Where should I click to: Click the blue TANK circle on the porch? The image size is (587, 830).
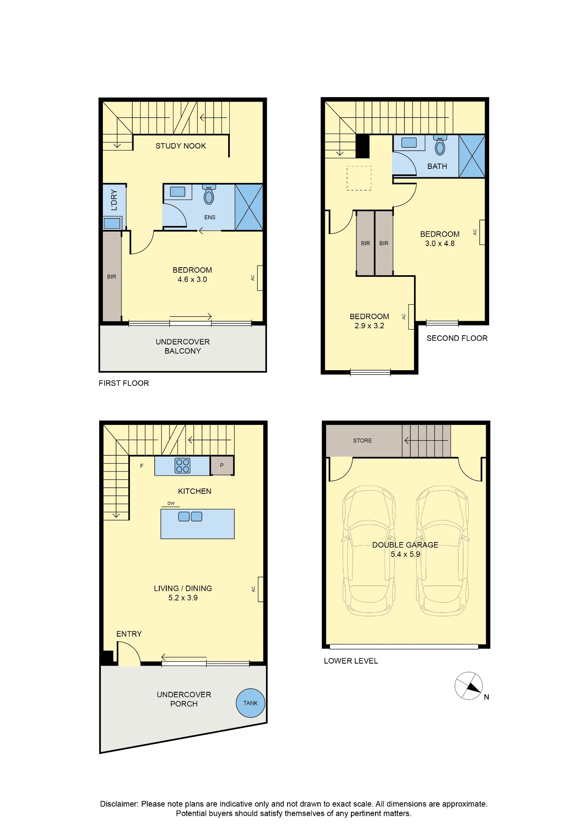coord(251,703)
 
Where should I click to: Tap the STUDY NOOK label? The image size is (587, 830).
coord(180,146)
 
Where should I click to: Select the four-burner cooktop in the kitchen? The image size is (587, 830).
coord(183,466)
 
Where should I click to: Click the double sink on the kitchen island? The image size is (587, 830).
coord(190,516)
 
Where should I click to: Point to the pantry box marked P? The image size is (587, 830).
coord(222,466)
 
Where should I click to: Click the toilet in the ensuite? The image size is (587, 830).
coord(209,195)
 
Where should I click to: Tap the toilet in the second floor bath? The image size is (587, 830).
coord(440,145)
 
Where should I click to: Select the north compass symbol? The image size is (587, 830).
coord(469,686)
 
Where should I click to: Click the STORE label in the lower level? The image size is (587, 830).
coord(362,441)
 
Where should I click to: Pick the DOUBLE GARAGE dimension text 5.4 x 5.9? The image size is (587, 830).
coord(405,554)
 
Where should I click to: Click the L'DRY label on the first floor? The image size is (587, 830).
coord(114,200)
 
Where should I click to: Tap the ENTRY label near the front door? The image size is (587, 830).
coord(129,634)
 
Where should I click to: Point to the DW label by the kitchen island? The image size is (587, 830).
coord(171,503)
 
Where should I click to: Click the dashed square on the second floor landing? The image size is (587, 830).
coord(359,178)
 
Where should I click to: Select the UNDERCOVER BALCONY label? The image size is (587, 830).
coord(183,346)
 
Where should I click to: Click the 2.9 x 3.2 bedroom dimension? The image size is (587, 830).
coord(369,326)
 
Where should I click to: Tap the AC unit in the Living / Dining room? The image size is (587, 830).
coord(261,589)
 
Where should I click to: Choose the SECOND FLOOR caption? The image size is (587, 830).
coord(457,338)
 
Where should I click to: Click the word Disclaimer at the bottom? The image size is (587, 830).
coord(119,804)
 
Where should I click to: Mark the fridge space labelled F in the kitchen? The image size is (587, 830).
coord(142,466)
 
